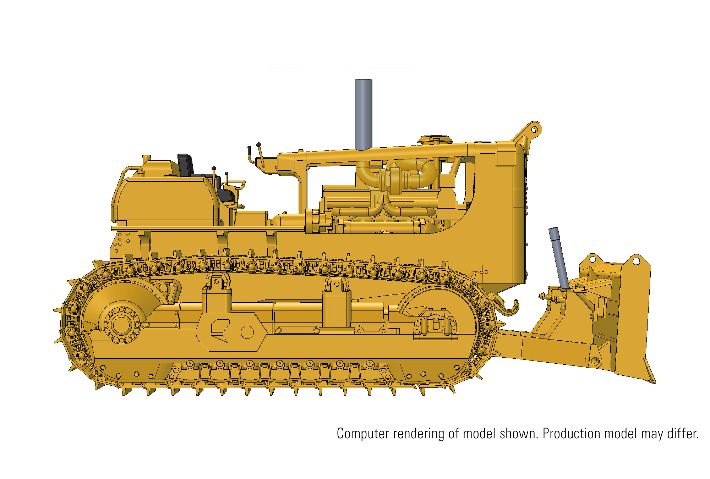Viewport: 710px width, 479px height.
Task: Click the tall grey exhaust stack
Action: click(364, 114)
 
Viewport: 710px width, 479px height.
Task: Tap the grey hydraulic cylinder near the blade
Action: click(559, 257)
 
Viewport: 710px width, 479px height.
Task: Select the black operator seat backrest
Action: click(186, 165)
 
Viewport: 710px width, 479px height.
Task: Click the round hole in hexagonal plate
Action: click(247, 332)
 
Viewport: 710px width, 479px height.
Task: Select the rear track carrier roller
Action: click(217, 282)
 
